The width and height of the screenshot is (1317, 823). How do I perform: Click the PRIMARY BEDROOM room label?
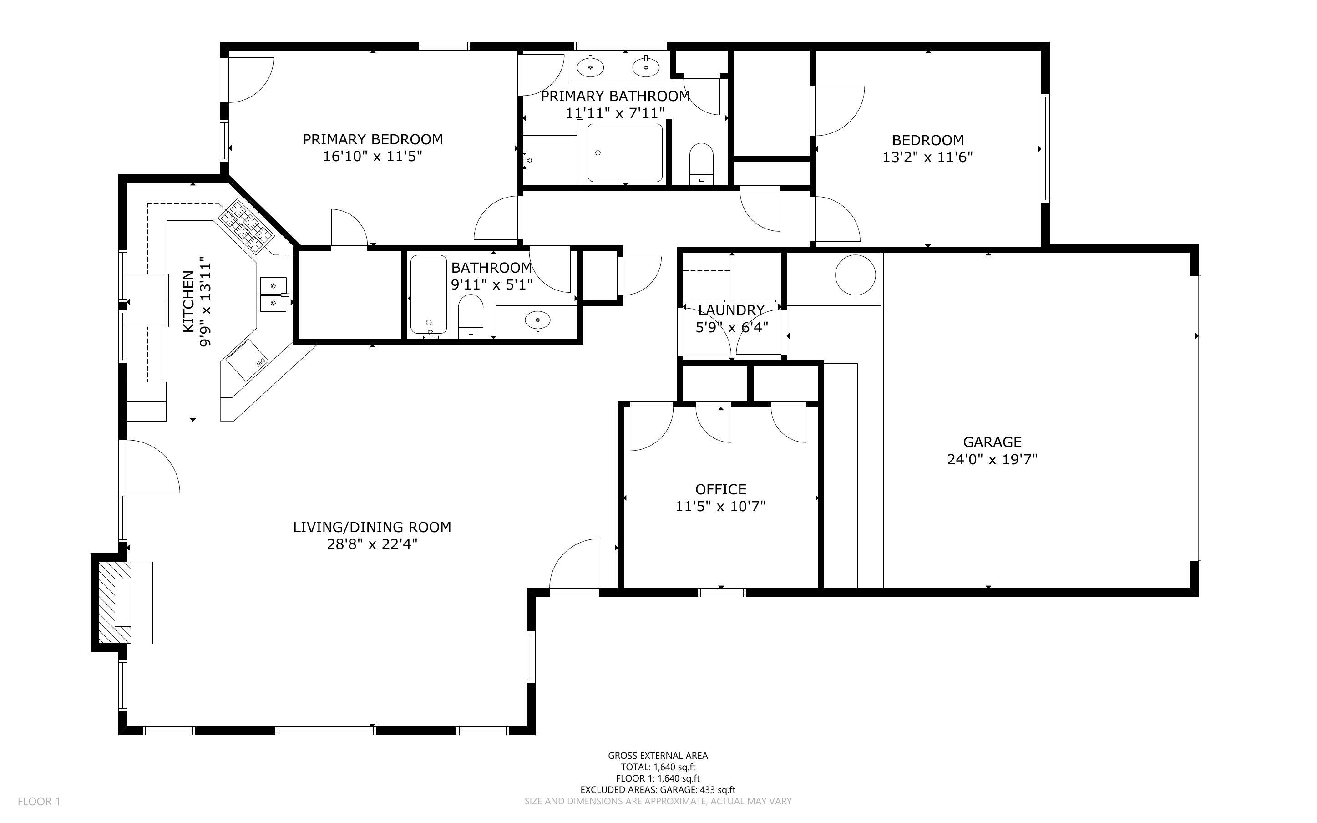(x=373, y=139)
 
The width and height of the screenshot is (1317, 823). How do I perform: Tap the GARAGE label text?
(x=992, y=442)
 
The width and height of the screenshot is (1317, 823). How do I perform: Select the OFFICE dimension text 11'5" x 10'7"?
(x=720, y=507)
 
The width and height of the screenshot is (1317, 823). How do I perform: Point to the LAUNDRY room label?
(x=731, y=310)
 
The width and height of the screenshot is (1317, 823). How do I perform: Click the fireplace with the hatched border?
(x=115, y=603)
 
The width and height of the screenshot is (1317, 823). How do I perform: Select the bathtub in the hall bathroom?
(x=429, y=295)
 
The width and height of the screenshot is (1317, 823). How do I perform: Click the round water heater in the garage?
(x=856, y=274)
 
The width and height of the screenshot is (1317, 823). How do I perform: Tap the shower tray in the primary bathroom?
(x=625, y=153)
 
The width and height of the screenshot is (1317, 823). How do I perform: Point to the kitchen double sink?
(x=274, y=294)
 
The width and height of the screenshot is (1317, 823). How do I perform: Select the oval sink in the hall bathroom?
(x=537, y=320)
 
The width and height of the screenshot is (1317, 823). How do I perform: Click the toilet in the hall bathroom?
(x=471, y=316)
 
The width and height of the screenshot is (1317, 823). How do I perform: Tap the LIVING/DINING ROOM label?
(x=372, y=527)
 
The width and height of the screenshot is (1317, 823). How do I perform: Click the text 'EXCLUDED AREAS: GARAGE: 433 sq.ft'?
(x=658, y=790)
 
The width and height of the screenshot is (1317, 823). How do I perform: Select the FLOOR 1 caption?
(x=39, y=801)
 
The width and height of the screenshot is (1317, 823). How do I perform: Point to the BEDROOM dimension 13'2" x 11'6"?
(x=927, y=157)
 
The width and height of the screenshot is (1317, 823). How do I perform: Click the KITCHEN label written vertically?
(x=188, y=301)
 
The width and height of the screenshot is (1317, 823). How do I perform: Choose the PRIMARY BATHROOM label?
(x=615, y=97)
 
